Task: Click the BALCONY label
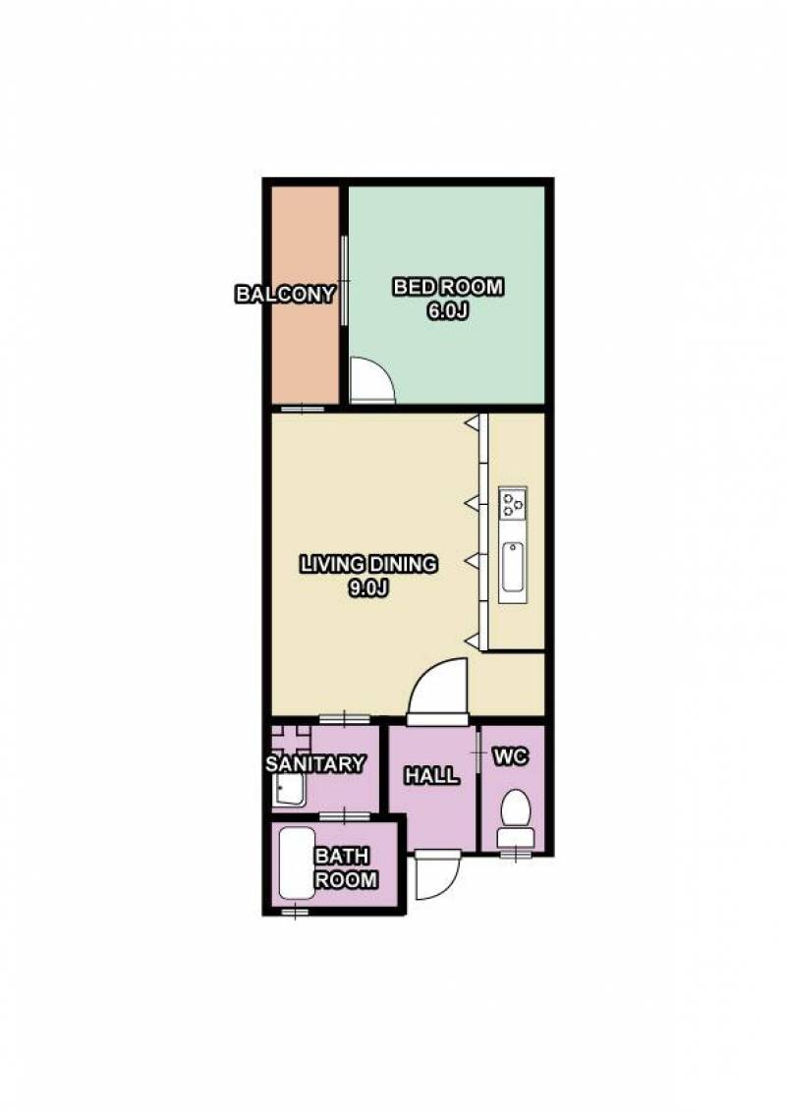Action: [x=285, y=294]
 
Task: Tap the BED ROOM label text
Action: [x=448, y=287]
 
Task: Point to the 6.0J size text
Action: [x=448, y=310]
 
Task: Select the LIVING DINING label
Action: [x=368, y=564]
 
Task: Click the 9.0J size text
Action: [x=367, y=587]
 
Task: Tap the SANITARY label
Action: [x=315, y=763]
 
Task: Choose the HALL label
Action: [x=431, y=776]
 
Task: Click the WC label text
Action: [x=511, y=757]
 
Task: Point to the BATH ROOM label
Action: [x=345, y=868]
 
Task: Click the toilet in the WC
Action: [x=515, y=820]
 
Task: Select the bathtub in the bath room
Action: [x=296, y=863]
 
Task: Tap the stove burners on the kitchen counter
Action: [x=513, y=503]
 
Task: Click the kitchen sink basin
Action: [x=513, y=567]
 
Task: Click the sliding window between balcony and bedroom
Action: [x=344, y=281]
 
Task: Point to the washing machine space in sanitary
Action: [x=292, y=739]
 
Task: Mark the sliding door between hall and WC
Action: [x=477, y=751]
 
